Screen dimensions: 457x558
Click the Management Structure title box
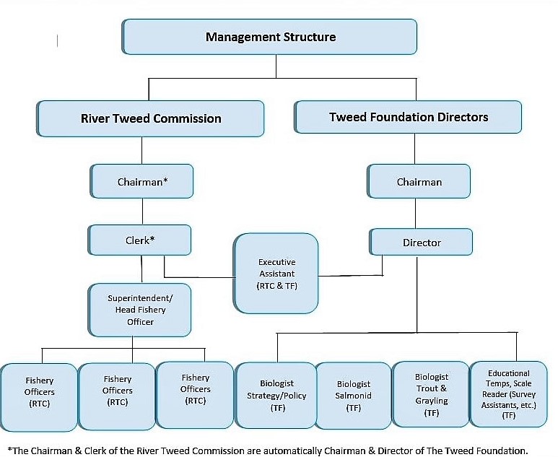[270, 37]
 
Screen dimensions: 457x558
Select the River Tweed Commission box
[151, 118]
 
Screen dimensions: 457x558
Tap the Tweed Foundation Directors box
[409, 117]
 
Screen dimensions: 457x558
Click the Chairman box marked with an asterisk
[142, 182]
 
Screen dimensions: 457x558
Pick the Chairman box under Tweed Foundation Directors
[419, 182]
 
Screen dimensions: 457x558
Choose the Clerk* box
[140, 240]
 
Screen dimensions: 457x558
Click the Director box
[422, 243]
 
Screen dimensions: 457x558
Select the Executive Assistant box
[276, 273]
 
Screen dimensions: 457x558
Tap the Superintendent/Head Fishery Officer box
[140, 310]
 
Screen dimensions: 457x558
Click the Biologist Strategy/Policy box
[276, 395]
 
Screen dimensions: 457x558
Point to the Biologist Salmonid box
[353, 396]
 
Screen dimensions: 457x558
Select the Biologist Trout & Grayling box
[431, 394]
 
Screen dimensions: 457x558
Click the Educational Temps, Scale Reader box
[509, 394]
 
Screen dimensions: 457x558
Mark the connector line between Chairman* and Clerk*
[142, 212]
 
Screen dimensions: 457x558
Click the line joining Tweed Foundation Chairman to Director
[415, 214]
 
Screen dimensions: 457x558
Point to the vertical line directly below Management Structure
[276, 66]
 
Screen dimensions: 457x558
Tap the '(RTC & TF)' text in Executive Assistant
[276, 286]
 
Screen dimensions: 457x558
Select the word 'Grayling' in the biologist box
[432, 401]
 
